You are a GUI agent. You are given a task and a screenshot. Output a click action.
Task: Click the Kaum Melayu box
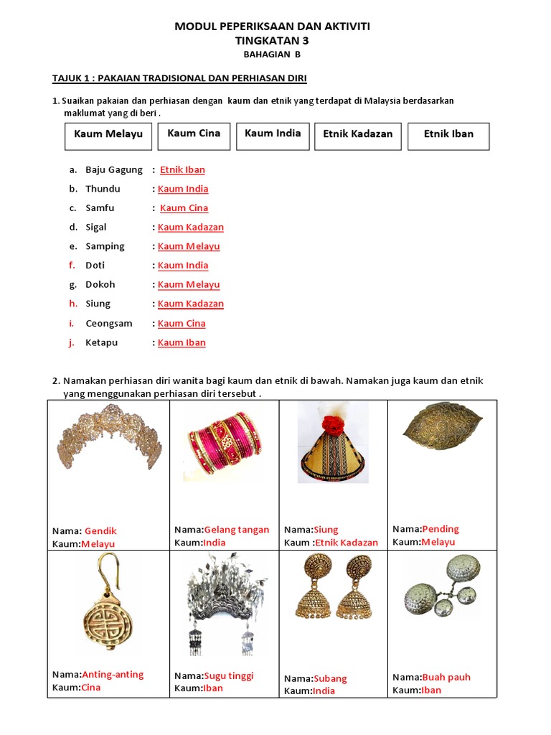(108, 135)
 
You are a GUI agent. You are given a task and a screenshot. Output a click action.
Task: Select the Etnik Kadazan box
(358, 135)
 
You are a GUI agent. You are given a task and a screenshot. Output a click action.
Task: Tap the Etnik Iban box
(448, 135)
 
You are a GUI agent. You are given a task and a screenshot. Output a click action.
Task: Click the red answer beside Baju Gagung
(182, 170)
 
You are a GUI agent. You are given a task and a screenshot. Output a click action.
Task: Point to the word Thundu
(103, 189)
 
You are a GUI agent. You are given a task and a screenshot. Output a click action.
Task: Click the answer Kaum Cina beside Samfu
(184, 208)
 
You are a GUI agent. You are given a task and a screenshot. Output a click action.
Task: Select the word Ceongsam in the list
(109, 323)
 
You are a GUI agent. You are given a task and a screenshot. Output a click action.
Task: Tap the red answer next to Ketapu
(182, 342)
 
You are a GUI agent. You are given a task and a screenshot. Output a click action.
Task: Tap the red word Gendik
(100, 531)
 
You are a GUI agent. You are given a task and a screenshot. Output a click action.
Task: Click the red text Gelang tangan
(237, 530)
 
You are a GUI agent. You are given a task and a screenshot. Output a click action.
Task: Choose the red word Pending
(441, 529)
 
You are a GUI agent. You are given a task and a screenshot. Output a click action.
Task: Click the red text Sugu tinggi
(229, 675)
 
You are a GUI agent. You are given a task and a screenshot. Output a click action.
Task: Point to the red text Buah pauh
(446, 677)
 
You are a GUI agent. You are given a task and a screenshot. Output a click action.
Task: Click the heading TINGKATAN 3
(273, 41)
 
